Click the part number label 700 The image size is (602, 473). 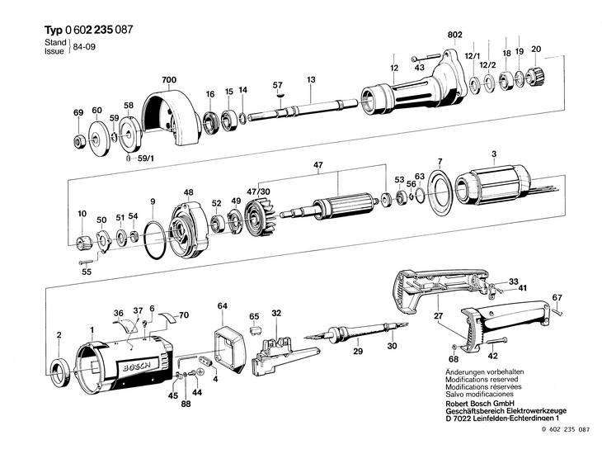tap(169, 79)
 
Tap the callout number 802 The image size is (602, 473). tap(454, 35)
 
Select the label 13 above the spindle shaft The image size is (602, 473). tap(311, 79)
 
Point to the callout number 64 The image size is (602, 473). tap(222, 306)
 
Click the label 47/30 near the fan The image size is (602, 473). tap(258, 192)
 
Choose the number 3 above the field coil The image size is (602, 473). tap(493, 154)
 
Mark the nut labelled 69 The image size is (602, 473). tap(78, 141)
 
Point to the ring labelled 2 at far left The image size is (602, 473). tap(59, 367)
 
